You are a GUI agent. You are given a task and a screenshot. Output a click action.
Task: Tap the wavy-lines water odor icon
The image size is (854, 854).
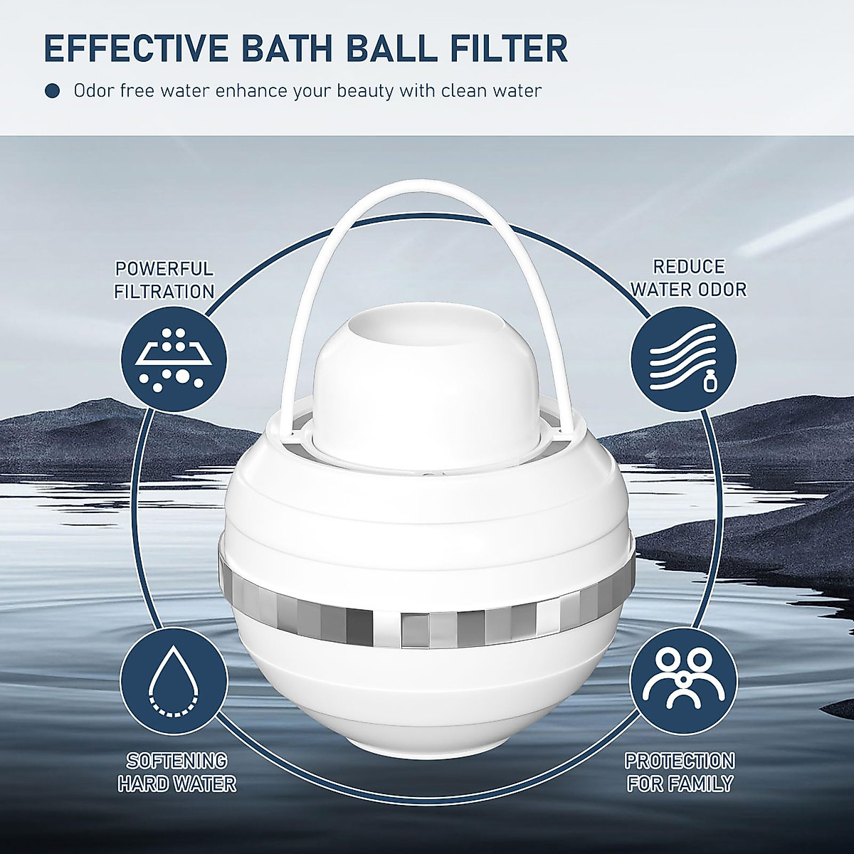point(680,357)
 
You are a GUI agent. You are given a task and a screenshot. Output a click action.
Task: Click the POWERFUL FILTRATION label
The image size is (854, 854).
point(164,280)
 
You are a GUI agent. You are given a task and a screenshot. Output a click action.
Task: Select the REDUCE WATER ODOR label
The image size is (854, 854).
point(688,278)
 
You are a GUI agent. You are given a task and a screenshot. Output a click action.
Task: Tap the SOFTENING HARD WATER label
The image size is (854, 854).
point(177,773)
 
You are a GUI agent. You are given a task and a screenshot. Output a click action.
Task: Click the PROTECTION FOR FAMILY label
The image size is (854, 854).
point(680,773)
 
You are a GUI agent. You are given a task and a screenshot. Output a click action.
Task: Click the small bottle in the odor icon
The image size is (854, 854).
point(708,383)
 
